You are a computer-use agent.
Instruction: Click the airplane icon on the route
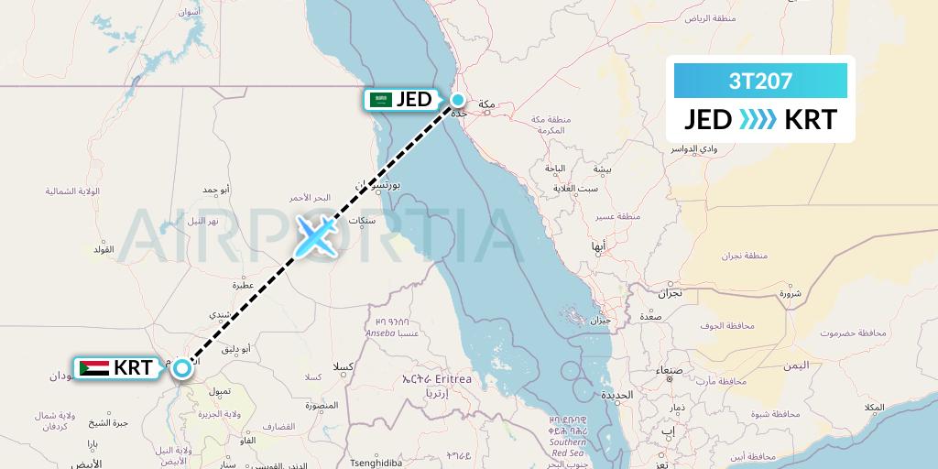(315, 236)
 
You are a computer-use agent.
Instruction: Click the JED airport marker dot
(457, 100)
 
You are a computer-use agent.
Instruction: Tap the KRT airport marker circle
(182, 368)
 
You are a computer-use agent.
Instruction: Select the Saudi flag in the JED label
(379, 100)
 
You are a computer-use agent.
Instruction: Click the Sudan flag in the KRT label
(93, 368)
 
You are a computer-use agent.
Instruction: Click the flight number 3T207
(760, 81)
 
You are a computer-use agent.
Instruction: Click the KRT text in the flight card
(810, 119)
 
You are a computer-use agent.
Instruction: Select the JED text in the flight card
(707, 119)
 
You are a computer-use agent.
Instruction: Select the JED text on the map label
(413, 100)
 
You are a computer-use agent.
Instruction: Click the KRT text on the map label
(133, 368)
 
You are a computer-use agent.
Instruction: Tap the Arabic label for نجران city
(669, 294)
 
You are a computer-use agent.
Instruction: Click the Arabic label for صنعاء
(669, 370)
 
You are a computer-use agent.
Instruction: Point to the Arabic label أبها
(598, 247)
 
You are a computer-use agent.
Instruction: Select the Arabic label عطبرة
(242, 285)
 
